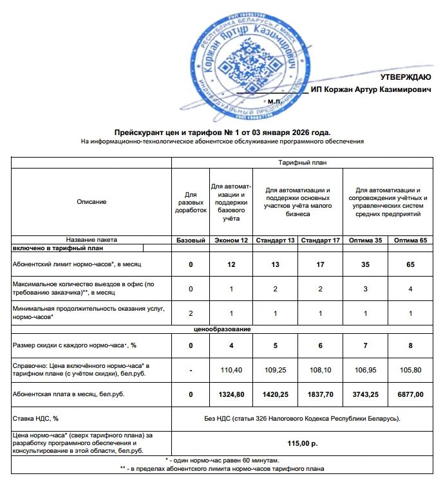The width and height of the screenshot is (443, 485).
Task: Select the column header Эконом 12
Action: click(231, 240)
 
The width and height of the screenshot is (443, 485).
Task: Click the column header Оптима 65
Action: click(410, 240)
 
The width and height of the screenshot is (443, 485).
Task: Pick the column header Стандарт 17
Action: click(320, 240)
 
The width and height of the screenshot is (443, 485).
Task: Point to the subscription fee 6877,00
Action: click(410, 394)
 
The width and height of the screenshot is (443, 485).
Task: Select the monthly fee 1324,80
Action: click(231, 394)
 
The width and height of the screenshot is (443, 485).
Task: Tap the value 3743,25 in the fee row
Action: click(365, 394)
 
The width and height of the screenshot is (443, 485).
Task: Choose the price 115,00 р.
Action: click(302, 443)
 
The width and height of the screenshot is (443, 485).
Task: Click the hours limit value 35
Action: click(365, 264)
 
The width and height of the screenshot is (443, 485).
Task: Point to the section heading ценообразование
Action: click(222, 329)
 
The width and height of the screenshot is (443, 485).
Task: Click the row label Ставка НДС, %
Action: click(35, 419)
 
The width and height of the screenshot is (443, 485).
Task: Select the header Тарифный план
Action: click(302, 163)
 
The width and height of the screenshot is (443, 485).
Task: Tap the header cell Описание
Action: click(91, 202)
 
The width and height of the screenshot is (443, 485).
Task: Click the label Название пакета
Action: click(91, 240)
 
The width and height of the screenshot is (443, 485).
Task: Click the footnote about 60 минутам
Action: click(222, 461)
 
